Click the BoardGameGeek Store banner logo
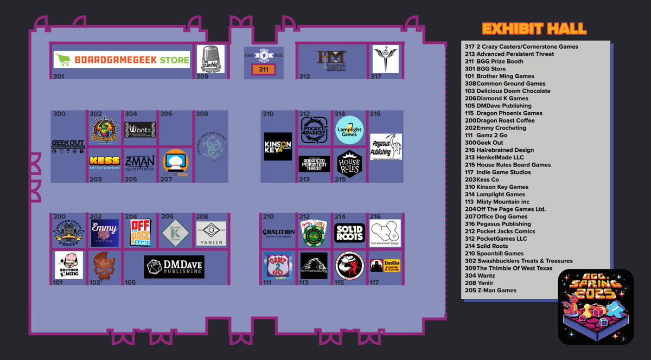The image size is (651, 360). click(122, 60)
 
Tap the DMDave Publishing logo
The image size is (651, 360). click(174, 267)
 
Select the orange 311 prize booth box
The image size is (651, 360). click(264, 69)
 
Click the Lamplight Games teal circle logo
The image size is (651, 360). click(349, 130)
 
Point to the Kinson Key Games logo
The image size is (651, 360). click(277, 146)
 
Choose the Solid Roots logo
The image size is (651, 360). click(349, 233)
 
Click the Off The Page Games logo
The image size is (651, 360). click(141, 233)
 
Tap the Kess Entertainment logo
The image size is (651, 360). click(105, 163)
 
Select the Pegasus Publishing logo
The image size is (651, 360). click(386, 146)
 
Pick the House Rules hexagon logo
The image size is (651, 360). click(349, 164)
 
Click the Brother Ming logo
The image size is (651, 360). click(69, 265)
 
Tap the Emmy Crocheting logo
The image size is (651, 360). click(105, 233)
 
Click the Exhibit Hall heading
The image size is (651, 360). click(534, 29)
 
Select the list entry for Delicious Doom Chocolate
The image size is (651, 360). click(513, 91)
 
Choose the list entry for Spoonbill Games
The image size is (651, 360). click(500, 253)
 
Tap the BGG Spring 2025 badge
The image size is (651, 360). click(595, 306)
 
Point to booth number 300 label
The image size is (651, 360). click(59, 114)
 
